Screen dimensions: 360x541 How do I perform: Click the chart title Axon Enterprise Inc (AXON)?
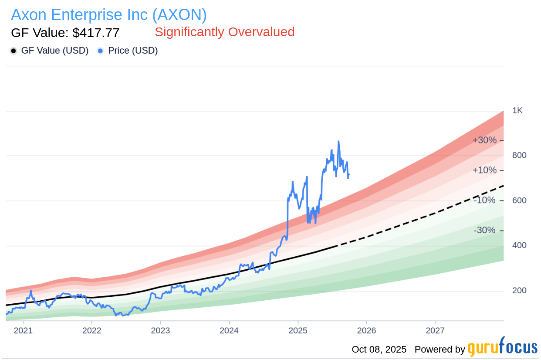[x=109, y=15]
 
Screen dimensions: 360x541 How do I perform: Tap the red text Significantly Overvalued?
[x=224, y=32]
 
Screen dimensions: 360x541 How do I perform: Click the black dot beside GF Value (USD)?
[x=14, y=51]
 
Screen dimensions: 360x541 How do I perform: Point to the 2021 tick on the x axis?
[x=23, y=330]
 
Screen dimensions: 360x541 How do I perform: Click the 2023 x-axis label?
[x=160, y=330]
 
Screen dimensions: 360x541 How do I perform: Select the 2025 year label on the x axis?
[x=298, y=330]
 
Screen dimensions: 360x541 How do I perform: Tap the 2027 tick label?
[x=435, y=330]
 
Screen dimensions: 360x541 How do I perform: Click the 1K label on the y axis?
[x=517, y=110]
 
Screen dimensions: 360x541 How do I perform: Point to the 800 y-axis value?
[x=519, y=155]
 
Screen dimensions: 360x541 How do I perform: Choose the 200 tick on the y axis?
[x=519, y=290]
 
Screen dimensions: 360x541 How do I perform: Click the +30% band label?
[x=484, y=140]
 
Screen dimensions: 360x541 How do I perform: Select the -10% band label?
[x=484, y=200]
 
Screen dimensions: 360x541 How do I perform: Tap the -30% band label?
[x=484, y=230]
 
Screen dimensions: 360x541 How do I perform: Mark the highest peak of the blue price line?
[x=338, y=141]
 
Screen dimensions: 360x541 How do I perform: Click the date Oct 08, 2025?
[x=379, y=350]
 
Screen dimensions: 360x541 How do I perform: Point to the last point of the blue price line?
[x=349, y=174]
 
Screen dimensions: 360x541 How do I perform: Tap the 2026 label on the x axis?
[x=366, y=330]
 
